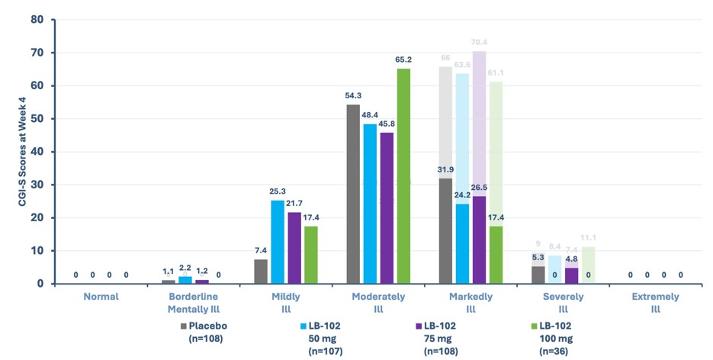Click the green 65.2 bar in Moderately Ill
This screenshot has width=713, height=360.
click(x=403, y=176)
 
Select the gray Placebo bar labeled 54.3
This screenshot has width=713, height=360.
click(x=353, y=194)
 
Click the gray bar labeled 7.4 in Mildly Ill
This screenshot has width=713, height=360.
click(x=261, y=272)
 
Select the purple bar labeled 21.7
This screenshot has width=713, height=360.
click(x=294, y=248)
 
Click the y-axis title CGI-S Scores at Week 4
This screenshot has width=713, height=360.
click(x=13, y=152)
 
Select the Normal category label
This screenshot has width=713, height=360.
click(x=101, y=296)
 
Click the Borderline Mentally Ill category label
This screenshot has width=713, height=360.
click(x=194, y=302)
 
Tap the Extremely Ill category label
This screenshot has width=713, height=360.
click(x=654, y=302)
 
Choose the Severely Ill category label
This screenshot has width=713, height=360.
click(x=563, y=302)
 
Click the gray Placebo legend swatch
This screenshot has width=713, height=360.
click(x=184, y=325)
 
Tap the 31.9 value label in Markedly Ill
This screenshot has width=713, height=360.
click(x=446, y=169)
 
